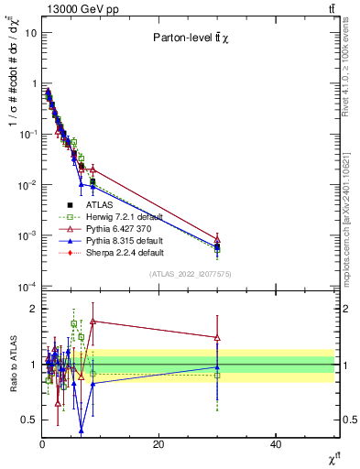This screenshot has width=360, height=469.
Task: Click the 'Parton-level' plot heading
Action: coord(191,38)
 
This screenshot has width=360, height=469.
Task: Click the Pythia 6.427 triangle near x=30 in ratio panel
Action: coord(217,337)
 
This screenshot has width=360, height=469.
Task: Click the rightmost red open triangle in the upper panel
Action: coord(217,238)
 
